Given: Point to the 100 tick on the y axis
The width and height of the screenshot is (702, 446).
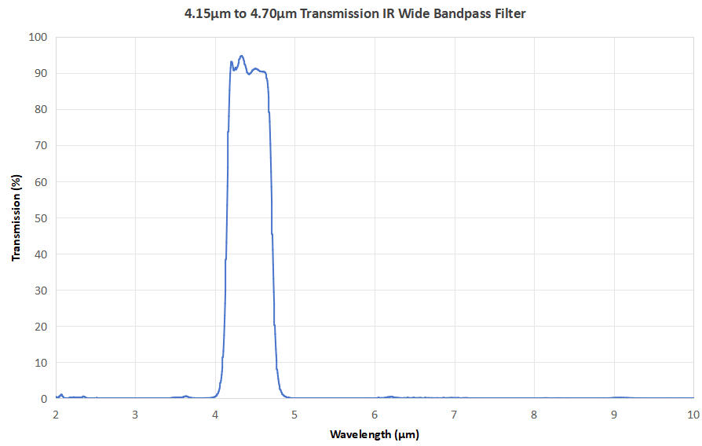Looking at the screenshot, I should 38,37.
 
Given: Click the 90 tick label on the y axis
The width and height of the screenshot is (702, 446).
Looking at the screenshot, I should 41,73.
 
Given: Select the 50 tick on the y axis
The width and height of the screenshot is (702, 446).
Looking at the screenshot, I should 41,218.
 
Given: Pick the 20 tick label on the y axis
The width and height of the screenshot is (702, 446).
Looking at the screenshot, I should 41,327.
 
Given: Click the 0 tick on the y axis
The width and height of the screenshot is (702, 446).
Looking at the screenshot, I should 44,399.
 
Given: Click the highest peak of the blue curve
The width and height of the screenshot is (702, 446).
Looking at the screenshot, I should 241,56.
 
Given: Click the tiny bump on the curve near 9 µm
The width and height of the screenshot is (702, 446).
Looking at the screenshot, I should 620,397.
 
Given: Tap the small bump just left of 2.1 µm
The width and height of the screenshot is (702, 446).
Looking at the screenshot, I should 61,395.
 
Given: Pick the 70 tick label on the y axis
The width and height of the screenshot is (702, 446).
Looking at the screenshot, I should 41,145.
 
